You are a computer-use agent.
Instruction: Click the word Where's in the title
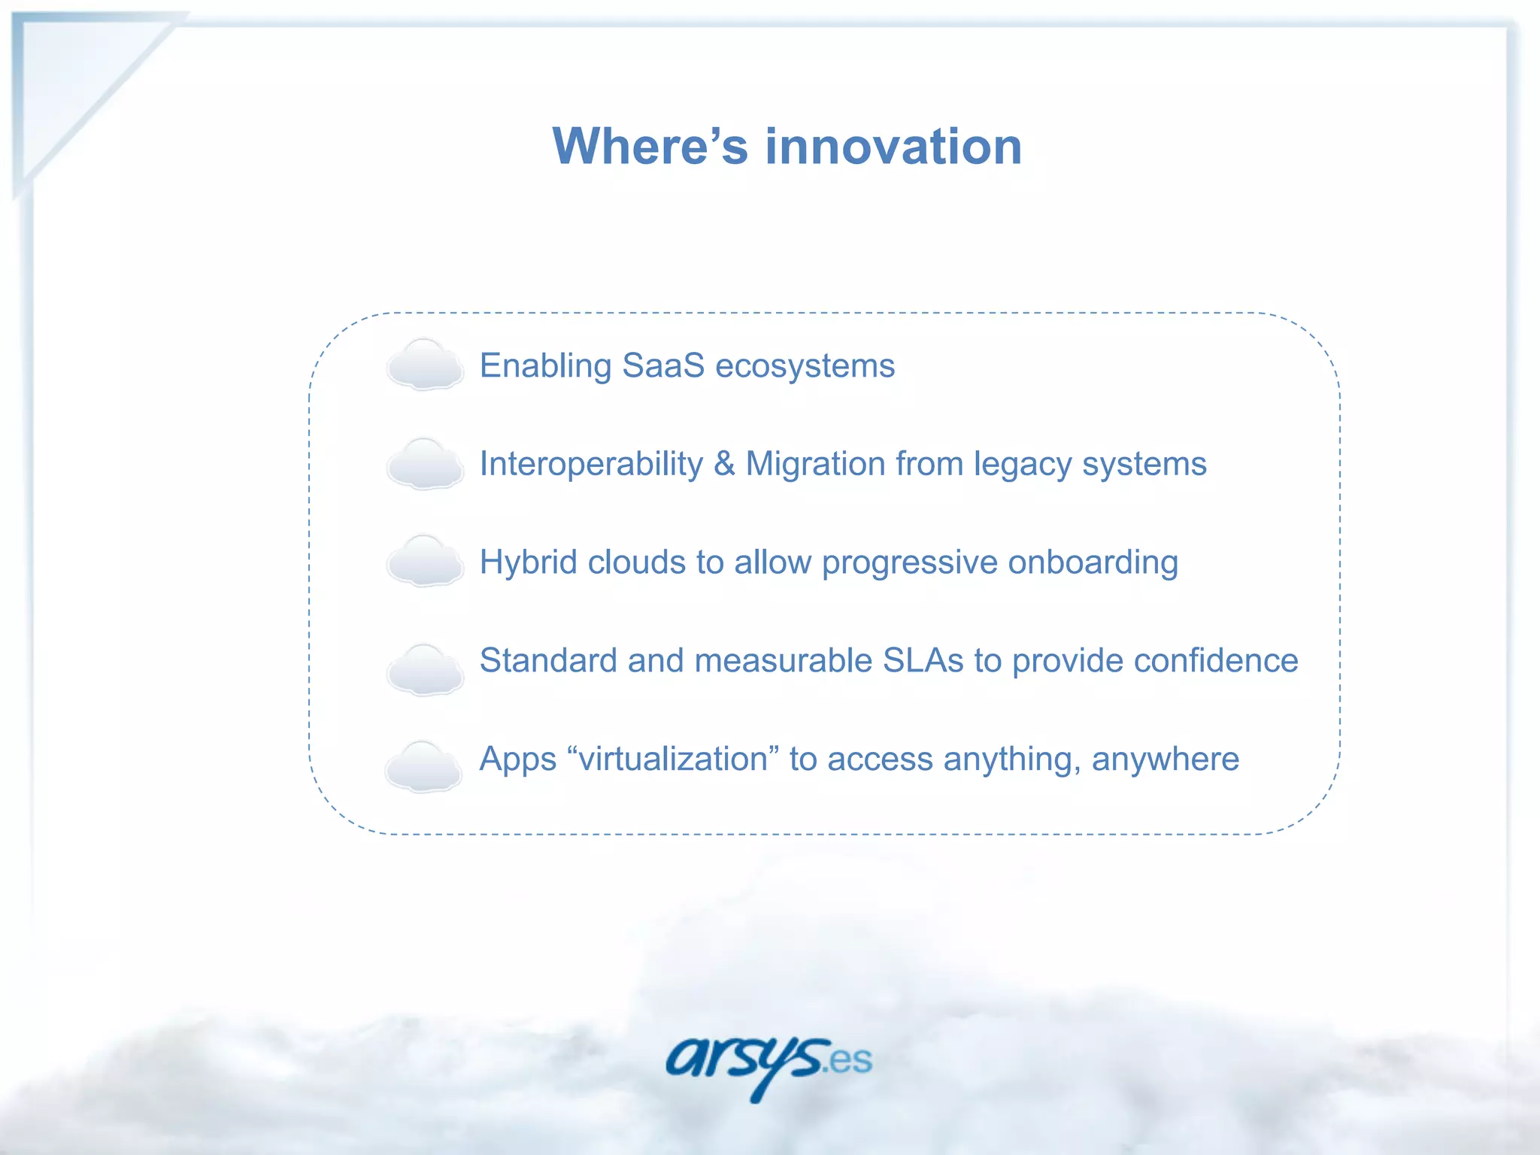pos(650,146)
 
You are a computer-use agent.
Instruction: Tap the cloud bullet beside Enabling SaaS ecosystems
pos(425,365)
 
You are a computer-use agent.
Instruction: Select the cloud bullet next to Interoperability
pos(425,464)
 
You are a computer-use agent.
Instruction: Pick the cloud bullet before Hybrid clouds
pos(425,562)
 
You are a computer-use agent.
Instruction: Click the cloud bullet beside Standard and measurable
pos(425,669)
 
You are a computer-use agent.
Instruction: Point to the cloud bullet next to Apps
pos(423,766)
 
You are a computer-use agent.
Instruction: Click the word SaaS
pos(663,366)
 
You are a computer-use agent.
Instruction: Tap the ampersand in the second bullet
pos(724,464)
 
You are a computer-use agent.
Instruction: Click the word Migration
pos(815,464)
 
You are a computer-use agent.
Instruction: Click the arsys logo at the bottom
pos(744,1062)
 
